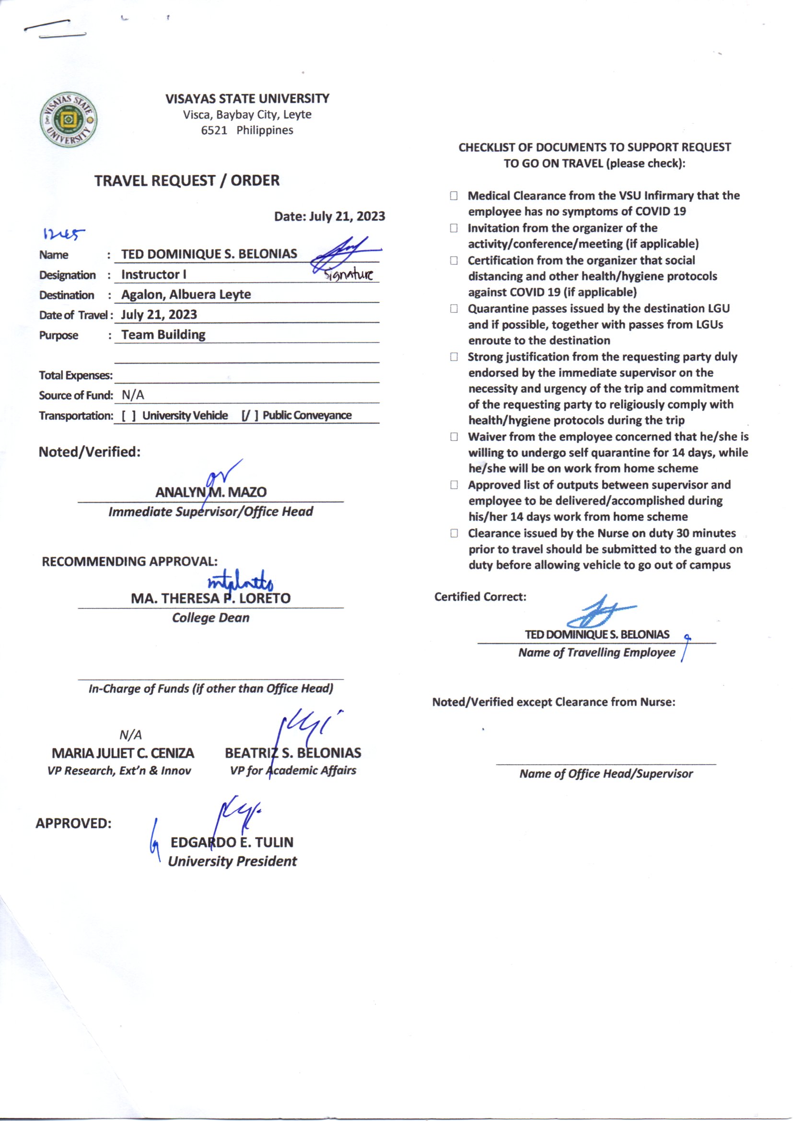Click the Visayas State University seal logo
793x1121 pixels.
pyautogui.click(x=69, y=119)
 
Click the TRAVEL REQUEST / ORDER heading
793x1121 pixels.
pyautogui.click(x=187, y=181)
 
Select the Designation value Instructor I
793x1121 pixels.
pyautogui.click(x=154, y=274)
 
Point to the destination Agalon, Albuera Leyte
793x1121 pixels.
pyautogui.click(x=186, y=294)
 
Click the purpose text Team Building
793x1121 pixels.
pyautogui.click(x=163, y=335)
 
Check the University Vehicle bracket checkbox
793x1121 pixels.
pyautogui.click(x=128, y=416)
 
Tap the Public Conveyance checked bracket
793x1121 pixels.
pyautogui.click(x=249, y=416)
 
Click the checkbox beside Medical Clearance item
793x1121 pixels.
pyautogui.click(x=454, y=196)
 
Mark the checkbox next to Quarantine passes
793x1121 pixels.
pyautogui.click(x=454, y=309)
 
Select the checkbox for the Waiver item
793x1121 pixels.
pyautogui.click(x=454, y=436)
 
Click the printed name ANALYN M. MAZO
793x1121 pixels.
pyautogui.click(x=211, y=492)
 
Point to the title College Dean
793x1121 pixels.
pyautogui.click(x=210, y=618)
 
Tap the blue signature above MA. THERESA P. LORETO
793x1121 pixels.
pyautogui.click(x=240, y=582)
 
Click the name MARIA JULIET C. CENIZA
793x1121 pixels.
pyautogui.click(x=123, y=753)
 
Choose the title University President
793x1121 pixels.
pyautogui.click(x=233, y=861)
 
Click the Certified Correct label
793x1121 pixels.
pyautogui.click(x=480, y=596)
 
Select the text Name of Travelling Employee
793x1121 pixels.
pyautogui.click(x=597, y=653)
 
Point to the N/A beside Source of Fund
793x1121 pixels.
pyautogui.click(x=133, y=395)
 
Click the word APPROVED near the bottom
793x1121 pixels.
pyautogui.click(x=73, y=823)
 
